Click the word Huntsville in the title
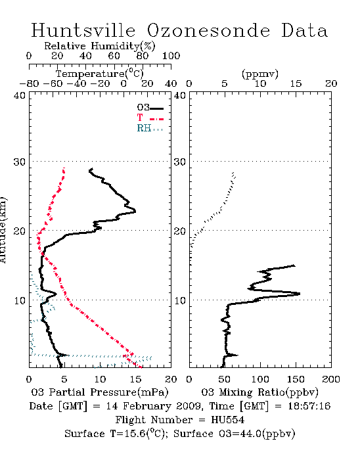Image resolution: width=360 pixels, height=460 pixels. (x=83, y=30)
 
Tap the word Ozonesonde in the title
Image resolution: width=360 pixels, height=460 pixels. (x=208, y=30)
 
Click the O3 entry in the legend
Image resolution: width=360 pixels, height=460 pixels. (x=150, y=108)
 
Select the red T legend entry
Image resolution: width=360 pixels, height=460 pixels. (x=150, y=118)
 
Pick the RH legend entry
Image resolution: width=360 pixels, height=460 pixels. (x=150, y=128)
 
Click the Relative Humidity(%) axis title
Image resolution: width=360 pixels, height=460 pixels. (x=100, y=46)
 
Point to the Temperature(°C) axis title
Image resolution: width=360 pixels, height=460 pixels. (x=100, y=74)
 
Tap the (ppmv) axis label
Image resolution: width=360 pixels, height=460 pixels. (x=260, y=74)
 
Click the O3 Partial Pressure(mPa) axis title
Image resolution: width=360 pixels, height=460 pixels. (x=100, y=392)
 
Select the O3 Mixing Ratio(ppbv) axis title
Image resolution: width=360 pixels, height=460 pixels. (x=259, y=392)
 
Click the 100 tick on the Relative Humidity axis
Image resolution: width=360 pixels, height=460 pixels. (x=171, y=56)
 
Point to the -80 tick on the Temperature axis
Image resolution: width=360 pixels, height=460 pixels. (x=29, y=83)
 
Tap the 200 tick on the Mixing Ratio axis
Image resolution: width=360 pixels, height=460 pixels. (x=331, y=379)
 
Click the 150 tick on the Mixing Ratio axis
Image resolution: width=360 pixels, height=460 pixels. (x=296, y=379)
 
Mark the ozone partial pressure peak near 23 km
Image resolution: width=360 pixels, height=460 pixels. (x=135, y=211)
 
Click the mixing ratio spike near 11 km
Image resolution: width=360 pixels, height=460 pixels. (x=299, y=293)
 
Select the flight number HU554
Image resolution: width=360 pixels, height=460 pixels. (x=228, y=420)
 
